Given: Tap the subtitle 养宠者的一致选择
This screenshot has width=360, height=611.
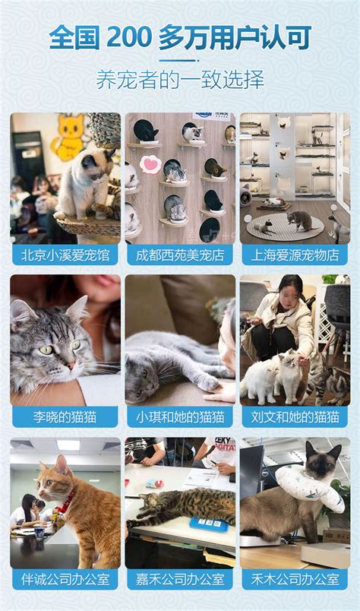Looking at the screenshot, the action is tap(180, 80).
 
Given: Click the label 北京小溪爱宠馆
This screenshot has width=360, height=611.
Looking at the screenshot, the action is tap(65, 255).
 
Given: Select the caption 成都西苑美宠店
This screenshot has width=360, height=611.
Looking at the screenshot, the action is tap(180, 255).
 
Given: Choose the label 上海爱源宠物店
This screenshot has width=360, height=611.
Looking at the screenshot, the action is tap(295, 255).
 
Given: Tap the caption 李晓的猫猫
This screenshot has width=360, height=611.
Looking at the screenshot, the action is tap(65, 417).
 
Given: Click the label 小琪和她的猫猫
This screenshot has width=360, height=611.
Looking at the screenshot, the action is tap(180, 417).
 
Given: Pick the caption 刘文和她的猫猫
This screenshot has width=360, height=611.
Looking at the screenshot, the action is tap(295, 417).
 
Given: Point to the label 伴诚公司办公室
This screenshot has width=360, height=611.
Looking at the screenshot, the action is tap(65, 579).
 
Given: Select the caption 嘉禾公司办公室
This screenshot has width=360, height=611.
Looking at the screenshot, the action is tap(180, 579).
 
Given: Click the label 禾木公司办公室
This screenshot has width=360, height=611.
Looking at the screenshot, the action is tap(295, 579).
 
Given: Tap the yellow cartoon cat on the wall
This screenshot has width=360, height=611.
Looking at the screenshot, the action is tap(69, 137).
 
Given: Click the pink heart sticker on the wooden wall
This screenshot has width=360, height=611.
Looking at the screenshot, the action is tap(150, 164).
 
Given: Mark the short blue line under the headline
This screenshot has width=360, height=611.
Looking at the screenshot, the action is tap(178, 60).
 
